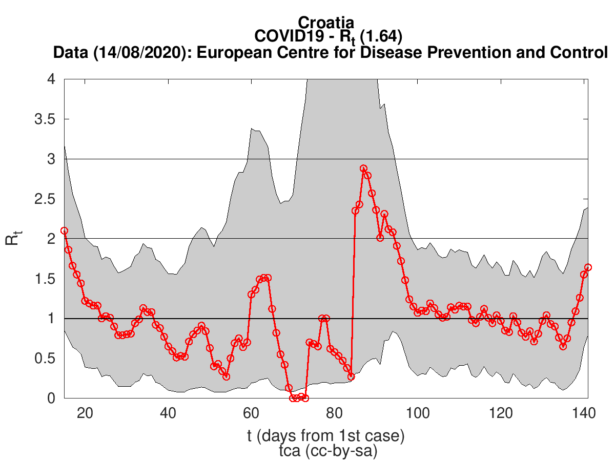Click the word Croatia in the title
(326, 23)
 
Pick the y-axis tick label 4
(51, 80)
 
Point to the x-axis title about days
(326, 436)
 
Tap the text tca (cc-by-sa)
(326, 451)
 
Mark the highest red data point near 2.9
(363, 169)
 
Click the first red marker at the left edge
(64, 230)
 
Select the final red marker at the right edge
(588, 267)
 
